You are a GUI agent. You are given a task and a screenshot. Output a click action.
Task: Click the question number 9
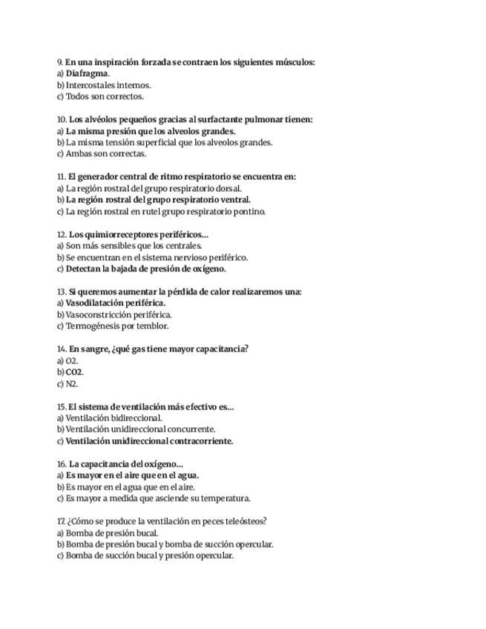60,62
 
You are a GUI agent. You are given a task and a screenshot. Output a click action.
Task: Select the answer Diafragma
87,73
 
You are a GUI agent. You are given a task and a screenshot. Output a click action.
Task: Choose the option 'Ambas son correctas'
105,154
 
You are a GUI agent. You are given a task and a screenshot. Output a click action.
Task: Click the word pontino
249,211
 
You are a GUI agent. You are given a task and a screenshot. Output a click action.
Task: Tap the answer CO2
74,372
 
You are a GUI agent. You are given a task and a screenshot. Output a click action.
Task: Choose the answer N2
71,383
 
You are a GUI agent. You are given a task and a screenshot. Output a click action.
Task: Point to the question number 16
62,464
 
